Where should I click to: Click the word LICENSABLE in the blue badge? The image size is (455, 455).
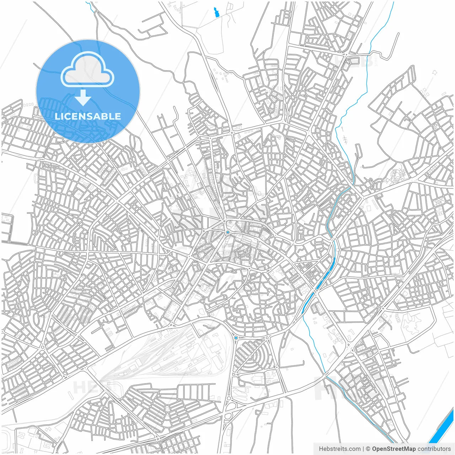coord(88,116)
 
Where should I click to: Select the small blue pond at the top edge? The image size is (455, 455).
coord(216,12)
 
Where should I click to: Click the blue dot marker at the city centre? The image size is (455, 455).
coord(227,232)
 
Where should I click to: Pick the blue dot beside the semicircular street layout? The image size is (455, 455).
coord(236,338)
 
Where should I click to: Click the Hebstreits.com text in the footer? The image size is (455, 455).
coord(339,449)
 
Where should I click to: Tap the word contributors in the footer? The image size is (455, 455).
coord(434,449)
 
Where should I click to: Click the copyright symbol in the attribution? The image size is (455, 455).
coord(368,449)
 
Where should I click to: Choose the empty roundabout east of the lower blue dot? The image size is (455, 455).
coord(267,338)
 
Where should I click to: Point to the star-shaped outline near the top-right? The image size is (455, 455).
coord(434,73)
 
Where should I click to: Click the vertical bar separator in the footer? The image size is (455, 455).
coord(363,449)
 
